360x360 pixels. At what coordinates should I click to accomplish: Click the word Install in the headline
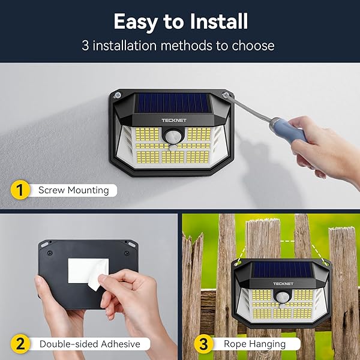219,22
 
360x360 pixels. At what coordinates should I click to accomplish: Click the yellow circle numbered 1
20,190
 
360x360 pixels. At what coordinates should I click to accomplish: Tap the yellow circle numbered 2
20,344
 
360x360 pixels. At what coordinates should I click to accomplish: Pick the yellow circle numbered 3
203,344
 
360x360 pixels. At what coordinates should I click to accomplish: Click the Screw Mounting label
73,190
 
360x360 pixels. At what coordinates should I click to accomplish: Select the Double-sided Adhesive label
90,344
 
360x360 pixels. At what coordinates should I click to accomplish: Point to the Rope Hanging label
254,344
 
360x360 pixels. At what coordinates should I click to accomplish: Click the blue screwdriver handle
290,130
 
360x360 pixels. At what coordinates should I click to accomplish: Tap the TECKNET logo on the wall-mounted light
174,121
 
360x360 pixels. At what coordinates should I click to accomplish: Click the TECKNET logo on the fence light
283,284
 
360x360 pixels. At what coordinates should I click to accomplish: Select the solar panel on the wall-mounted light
172,103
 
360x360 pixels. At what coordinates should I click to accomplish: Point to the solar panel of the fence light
282,270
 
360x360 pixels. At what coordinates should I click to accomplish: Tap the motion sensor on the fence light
282,296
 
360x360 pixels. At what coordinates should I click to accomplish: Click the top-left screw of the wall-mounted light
118,95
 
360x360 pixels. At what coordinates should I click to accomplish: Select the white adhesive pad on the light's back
88,271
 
